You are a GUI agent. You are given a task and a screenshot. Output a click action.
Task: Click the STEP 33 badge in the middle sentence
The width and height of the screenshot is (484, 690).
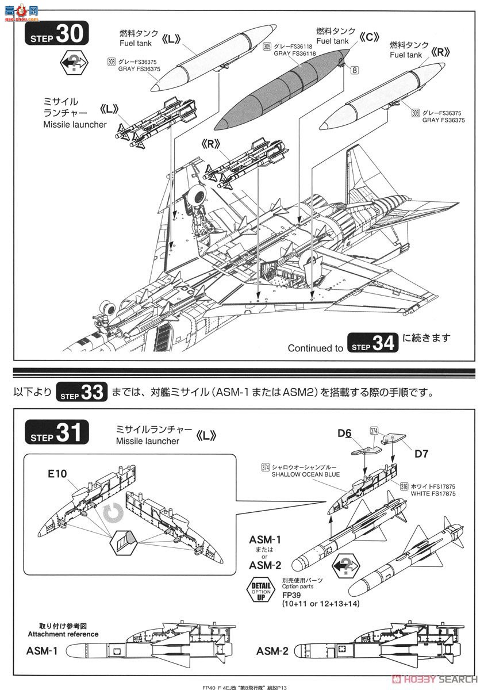pos(82,392)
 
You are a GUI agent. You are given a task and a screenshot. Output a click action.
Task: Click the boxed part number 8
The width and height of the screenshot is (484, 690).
pos(354,71)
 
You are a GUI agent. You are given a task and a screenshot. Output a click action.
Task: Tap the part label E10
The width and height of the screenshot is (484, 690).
pos(57,474)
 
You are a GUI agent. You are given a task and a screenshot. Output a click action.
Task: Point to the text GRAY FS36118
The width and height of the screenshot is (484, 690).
pos(294,53)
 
